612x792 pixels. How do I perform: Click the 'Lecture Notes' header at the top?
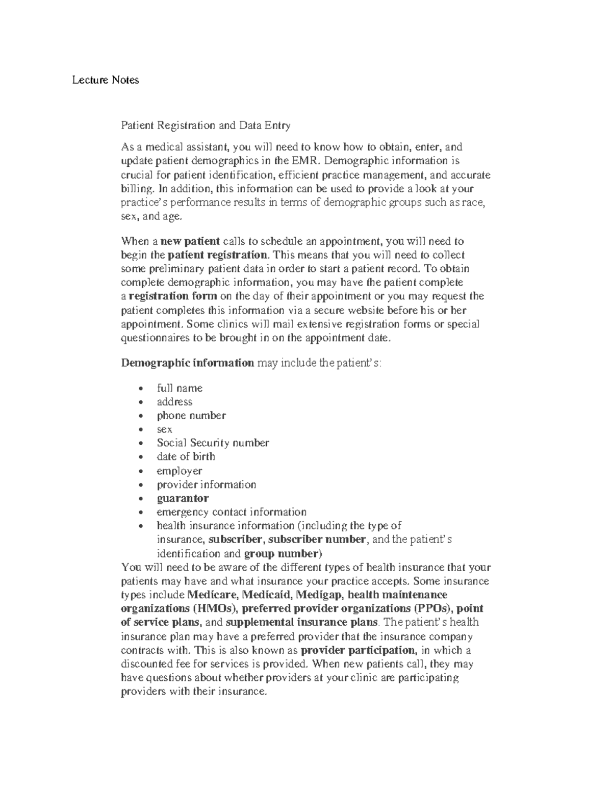pos(105,80)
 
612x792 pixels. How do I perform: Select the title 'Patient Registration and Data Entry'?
pos(206,125)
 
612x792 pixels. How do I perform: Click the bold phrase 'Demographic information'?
pos(187,363)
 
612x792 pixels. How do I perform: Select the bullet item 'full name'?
pos(180,388)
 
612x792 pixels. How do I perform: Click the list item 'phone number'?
pos(191,416)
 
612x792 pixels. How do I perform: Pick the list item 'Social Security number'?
pos(213,443)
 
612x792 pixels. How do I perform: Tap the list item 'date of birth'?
pos(186,457)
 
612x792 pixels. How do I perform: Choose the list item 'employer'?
pos(179,471)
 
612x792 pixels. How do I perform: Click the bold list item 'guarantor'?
pos(183,498)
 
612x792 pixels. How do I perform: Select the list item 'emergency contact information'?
pos(232,512)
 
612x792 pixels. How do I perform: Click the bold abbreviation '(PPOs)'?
pos(433,608)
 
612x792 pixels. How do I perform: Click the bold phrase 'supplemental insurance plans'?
pos(301,622)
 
